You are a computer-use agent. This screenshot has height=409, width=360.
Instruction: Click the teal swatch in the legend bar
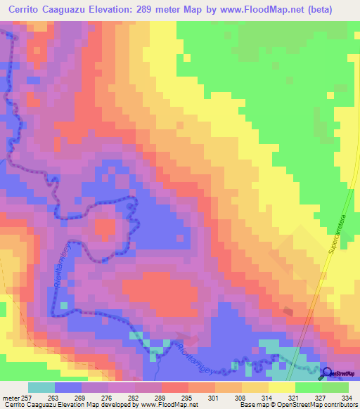coord(41,388)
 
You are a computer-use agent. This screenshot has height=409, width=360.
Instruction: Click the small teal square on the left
coord(63,305)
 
